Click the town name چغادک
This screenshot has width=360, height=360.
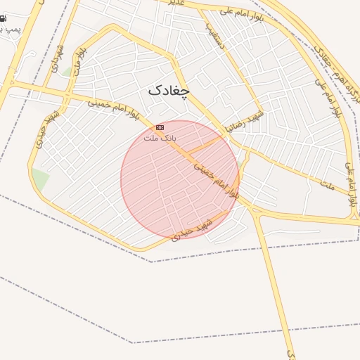(x=169, y=91)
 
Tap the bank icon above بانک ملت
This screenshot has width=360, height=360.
(x=160, y=127)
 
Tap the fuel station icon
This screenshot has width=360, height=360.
(x=3, y=19)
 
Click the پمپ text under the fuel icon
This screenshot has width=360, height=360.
(x=10, y=30)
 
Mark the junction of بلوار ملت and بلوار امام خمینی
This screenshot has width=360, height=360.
(x=68, y=92)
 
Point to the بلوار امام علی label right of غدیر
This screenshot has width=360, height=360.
(x=241, y=11)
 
